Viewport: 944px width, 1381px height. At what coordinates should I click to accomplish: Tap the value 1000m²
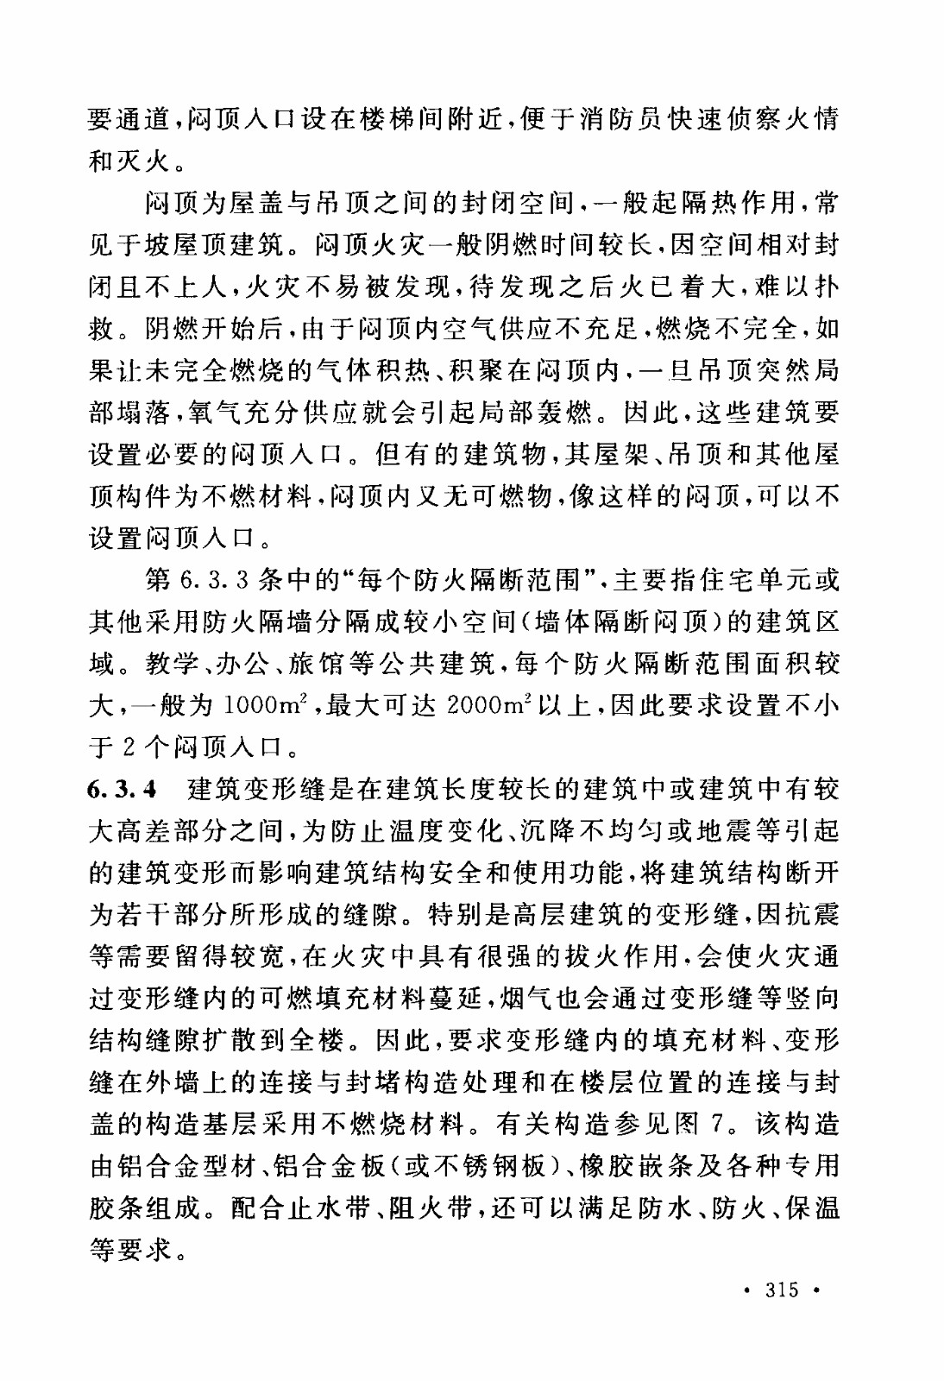tap(261, 706)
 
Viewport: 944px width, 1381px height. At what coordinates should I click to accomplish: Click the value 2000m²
tap(488, 706)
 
